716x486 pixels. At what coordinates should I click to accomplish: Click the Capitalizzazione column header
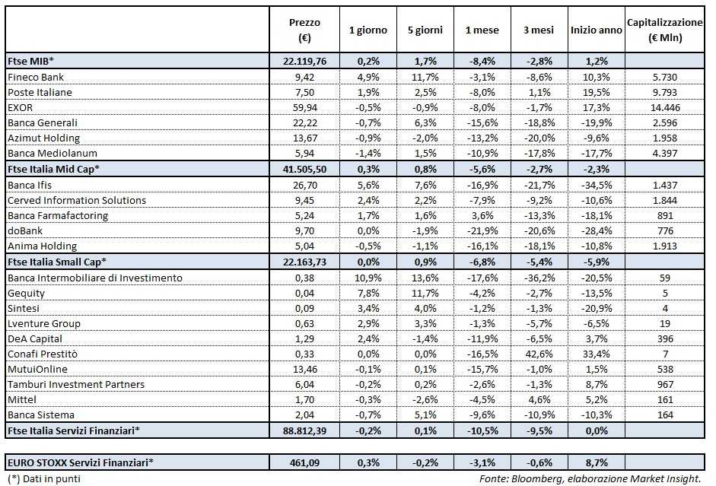click(x=664, y=30)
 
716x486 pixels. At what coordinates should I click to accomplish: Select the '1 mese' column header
click(x=482, y=30)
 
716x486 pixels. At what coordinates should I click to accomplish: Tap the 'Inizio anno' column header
click(x=596, y=30)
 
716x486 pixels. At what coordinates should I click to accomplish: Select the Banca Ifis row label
click(x=30, y=185)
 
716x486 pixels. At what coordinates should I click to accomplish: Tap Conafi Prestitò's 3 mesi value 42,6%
click(x=538, y=354)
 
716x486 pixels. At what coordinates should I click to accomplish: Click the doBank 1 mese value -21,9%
click(x=482, y=230)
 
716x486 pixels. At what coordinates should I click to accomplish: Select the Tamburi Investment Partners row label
click(x=75, y=384)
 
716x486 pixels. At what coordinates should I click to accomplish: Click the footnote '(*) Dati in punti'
click(x=43, y=479)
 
